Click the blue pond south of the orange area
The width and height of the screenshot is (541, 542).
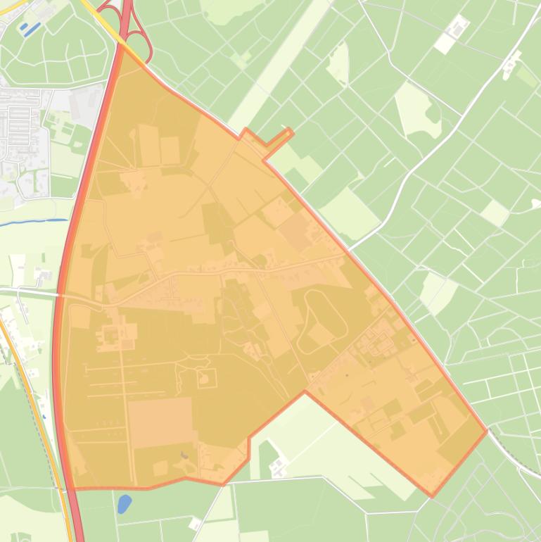125,503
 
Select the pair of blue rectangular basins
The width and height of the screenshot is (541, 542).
28,29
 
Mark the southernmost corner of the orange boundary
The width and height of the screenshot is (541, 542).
432,496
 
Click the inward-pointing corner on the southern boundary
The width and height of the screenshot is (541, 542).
305,392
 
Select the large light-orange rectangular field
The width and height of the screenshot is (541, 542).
160,422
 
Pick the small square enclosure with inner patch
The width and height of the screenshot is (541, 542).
207,379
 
